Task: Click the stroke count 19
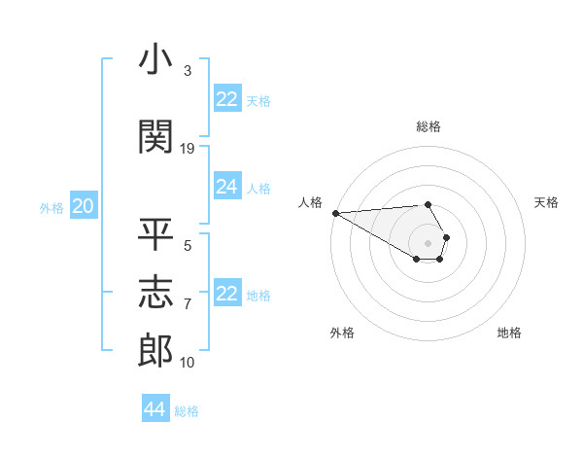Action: click(188, 149)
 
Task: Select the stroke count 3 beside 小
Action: click(188, 71)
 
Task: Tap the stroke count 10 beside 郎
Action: click(188, 363)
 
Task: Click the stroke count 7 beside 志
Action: click(188, 304)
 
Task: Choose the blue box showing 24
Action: click(227, 187)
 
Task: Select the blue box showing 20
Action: click(84, 206)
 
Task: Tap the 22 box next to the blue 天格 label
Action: click(227, 99)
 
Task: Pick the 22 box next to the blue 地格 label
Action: click(227, 294)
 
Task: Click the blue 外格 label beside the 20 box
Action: click(51, 207)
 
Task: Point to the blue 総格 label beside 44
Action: click(187, 411)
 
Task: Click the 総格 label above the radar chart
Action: click(429, 126)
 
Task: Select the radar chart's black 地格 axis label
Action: click(509, 333)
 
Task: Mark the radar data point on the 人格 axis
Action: click(335, 213)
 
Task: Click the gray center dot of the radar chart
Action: click(428, 242)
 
